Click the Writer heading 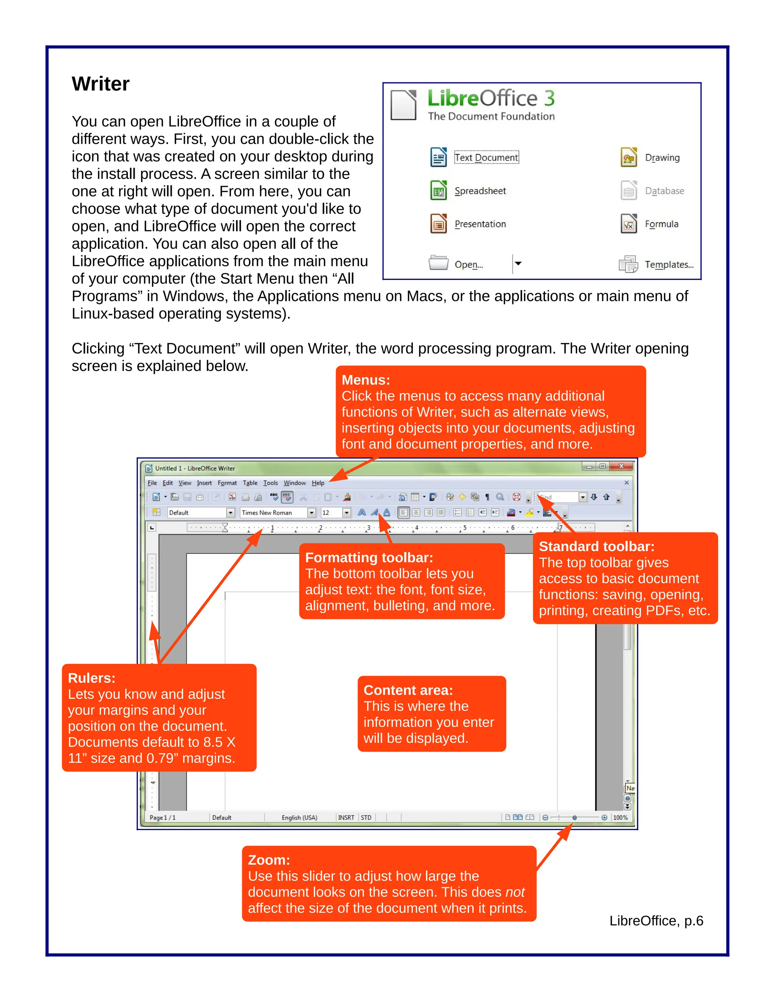(101, 84)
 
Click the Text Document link (486, 157)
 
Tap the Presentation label (480, 224)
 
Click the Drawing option (662, 157)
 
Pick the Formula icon (629, 224)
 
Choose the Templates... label (669, 264)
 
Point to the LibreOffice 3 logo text (491, 98)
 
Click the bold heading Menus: (366, 380)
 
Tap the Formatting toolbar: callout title (369, 557)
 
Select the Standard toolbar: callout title (596, 546)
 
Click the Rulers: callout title (91, 678)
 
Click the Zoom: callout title (269, 860)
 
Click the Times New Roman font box (273, 512)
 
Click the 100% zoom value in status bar (620, 817)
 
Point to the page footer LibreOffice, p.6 (656, 921)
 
